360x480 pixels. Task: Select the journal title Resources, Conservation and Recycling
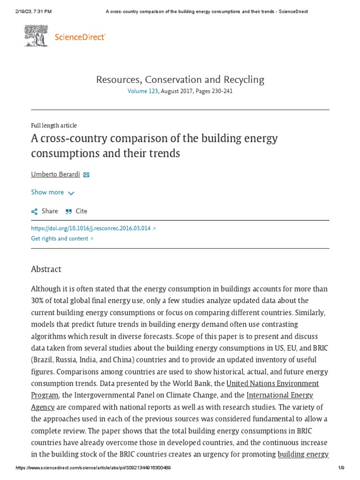tap(180, 79)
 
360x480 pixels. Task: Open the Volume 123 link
tap(143, 91)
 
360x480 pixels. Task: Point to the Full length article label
tap(54, 126)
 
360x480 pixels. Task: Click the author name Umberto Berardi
tap(55, 174)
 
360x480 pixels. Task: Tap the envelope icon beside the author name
tap(86, 175)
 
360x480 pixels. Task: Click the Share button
tap(45, 211)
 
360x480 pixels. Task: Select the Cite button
tap(76, 211)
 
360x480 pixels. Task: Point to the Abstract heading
tap(46, 269)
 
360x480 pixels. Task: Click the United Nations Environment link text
tap(272, 383)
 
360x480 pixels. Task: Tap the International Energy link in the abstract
tap(280, 395)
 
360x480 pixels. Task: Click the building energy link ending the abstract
tap(303, 454)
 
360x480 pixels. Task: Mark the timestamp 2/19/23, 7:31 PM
tap(26, 11)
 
